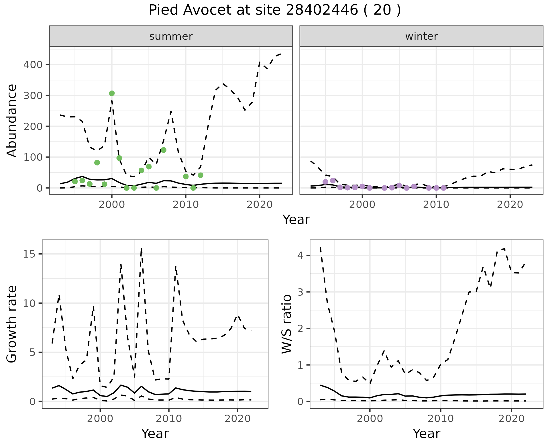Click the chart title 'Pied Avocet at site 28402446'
274,10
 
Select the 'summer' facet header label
171,36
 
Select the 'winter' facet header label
421,36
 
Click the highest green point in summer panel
112,93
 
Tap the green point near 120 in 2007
164,150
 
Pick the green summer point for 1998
97,163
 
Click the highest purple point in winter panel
333,181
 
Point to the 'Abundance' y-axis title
12,120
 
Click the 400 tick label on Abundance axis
33,64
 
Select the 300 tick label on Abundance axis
33,95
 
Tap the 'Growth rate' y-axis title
12,324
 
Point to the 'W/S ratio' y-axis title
286,324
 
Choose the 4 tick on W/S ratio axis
300,255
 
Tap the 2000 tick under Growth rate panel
100,419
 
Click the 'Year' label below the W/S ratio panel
426,434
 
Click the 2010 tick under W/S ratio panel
441,419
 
